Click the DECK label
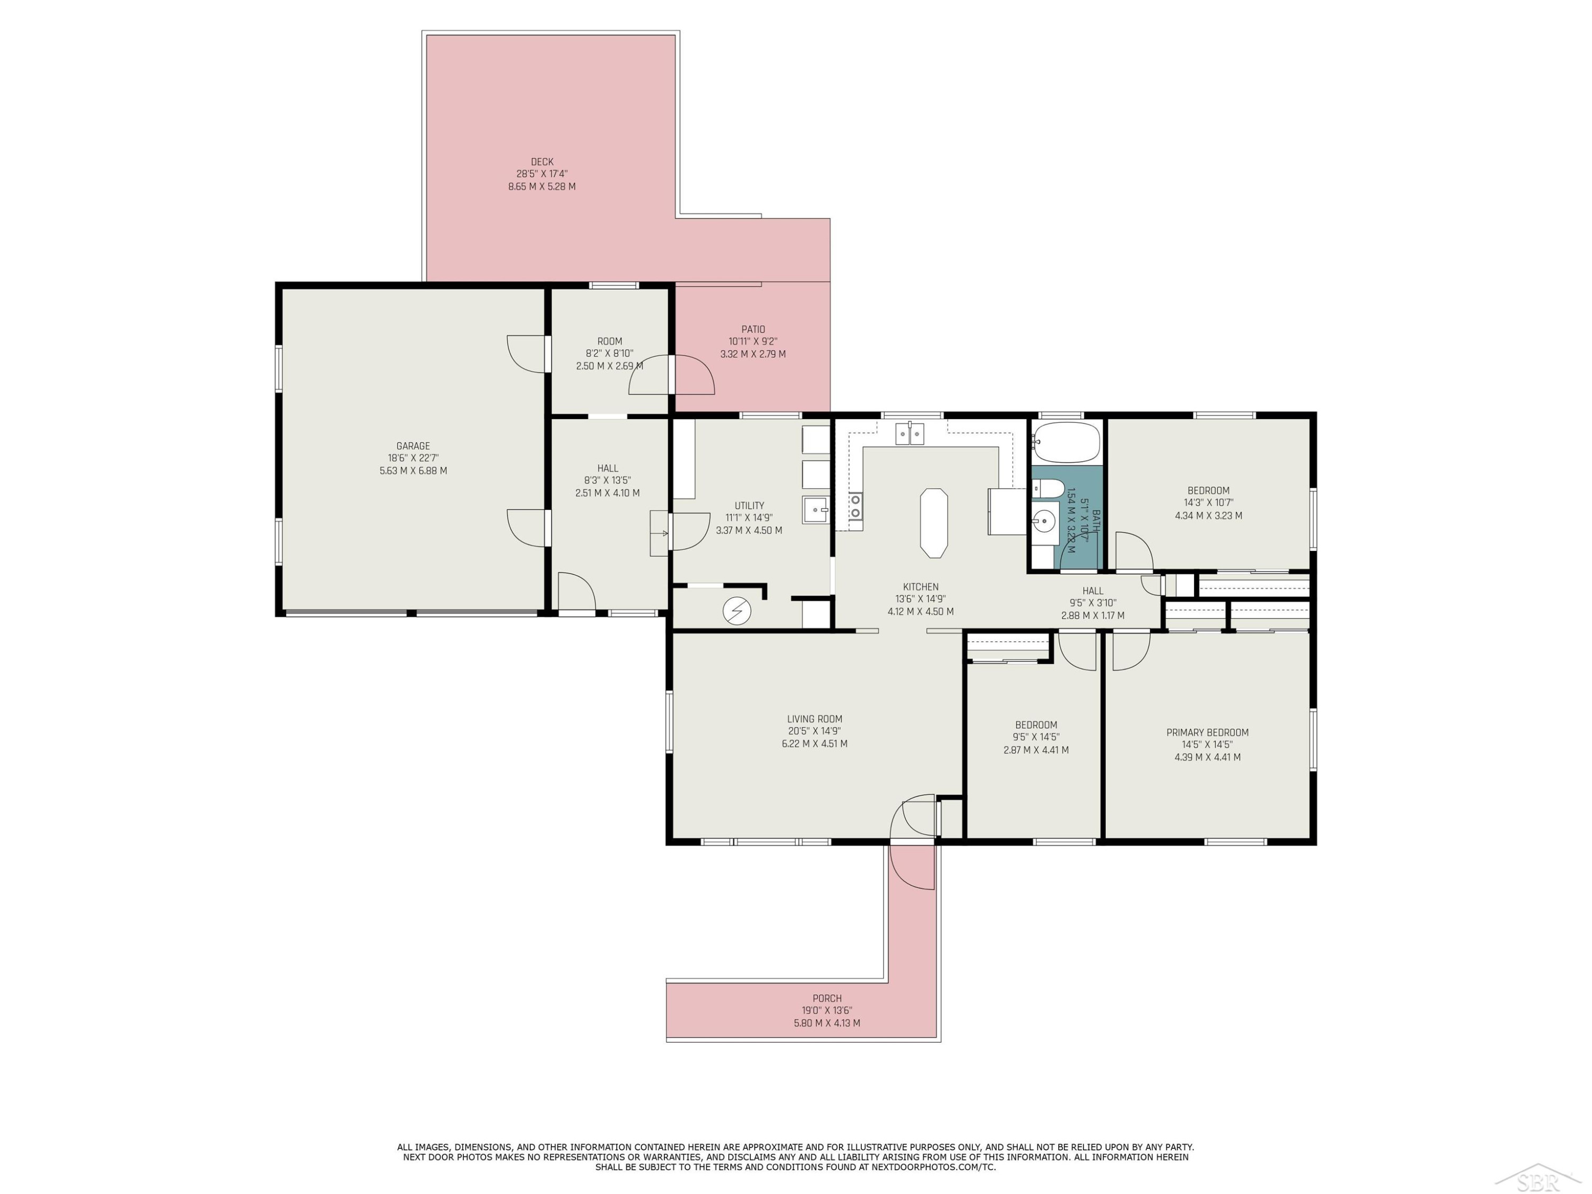click(542, 162)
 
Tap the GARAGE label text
click(413, 446)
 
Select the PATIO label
click(753, 330)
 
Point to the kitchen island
click(933, 523)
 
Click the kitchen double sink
click(910, 434)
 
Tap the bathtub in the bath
click(1067, 442)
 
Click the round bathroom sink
click(1045, 519)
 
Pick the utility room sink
click(816, 509)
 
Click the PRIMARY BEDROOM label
click(1208, 733)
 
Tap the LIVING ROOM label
click(815, 719)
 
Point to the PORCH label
click(827, 998)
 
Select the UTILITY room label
click(749, 506)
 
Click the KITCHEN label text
click(921, 586)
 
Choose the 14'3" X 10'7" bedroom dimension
click(1208, 503)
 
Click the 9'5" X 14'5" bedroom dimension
click(1036, 737)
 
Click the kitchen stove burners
click(855, 506)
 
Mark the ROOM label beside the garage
click(610, 342)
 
